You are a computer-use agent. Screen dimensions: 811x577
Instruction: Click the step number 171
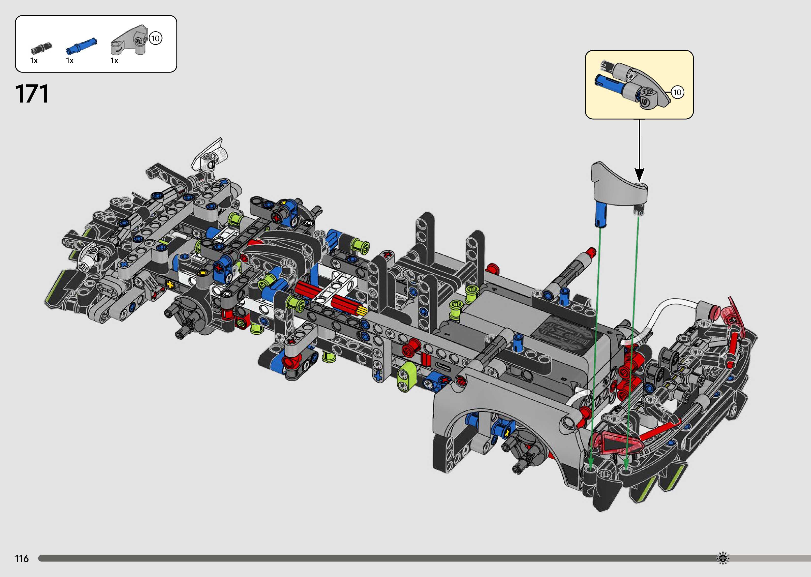click(32, 94)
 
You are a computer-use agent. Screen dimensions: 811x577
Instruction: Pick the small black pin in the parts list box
click(41, 47)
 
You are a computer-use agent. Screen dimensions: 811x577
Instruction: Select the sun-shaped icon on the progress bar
click(722, 558)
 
